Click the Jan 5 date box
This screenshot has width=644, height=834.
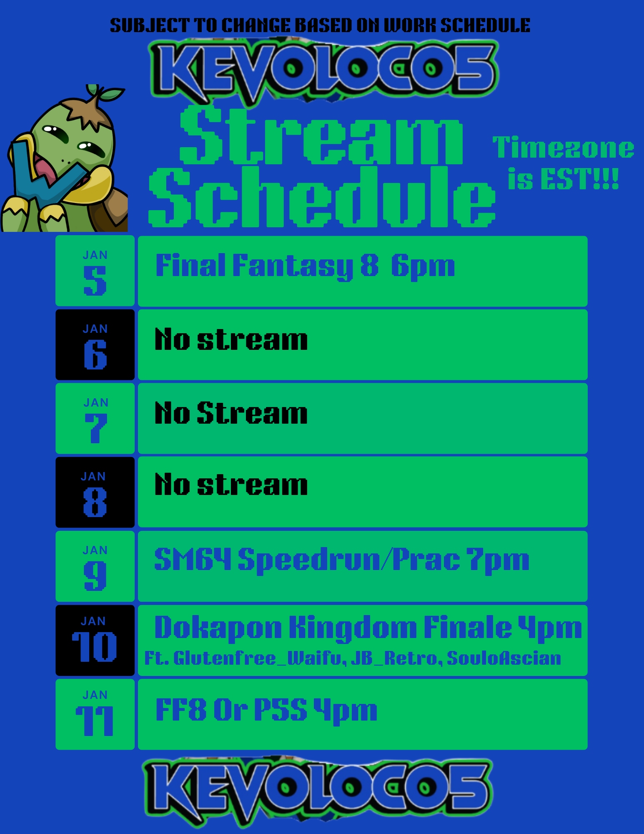95,271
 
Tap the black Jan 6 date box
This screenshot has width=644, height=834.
95,344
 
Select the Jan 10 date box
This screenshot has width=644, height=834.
95,640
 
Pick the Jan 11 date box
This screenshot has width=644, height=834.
95,714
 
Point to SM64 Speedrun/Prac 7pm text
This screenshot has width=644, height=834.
342,560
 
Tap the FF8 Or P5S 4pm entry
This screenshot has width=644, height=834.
266,710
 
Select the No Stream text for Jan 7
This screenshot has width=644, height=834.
231,413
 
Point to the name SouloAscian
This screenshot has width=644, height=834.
504,658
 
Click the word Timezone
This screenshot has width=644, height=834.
563,148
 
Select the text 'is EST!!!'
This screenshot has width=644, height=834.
563,179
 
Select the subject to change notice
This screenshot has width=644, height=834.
320,25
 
